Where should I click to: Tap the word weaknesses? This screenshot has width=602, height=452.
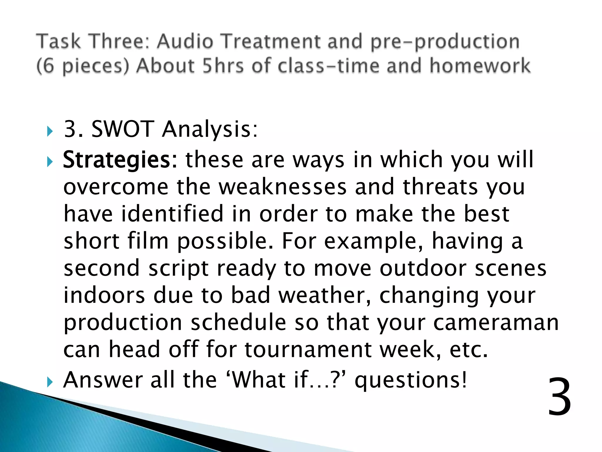[x=283, y=187]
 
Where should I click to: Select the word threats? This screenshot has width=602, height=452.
[x=440, y=187]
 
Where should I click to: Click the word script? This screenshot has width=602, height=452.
[x=178, y=268]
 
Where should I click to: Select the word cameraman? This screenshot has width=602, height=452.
[x=496, y=323]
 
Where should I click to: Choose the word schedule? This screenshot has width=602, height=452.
[x=238, y=323]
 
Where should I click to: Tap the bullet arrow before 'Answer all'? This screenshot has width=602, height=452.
[x=50, y=382]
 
